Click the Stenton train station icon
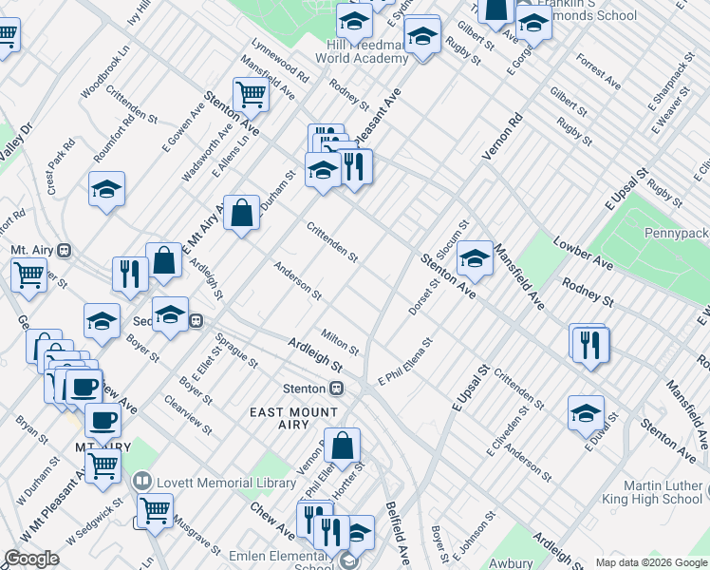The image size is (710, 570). click(336, 389)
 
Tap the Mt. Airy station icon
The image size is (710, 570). click(65, 251)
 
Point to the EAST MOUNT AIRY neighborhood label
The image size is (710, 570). click(293, 419)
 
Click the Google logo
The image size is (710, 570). click(31, 559)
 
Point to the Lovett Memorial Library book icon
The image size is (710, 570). click(143, 483)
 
